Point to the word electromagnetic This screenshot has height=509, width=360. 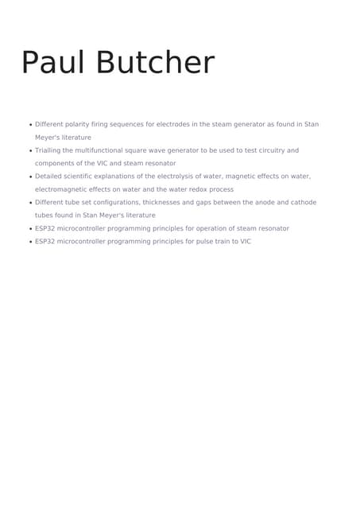pos(61,189)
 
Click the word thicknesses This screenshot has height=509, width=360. pos(177,202)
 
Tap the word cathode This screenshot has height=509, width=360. pos(301,202)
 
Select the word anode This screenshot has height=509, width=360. pos(259,202)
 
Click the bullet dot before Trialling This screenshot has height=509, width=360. pos(30,151)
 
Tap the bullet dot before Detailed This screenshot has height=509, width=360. pos(30,177)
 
